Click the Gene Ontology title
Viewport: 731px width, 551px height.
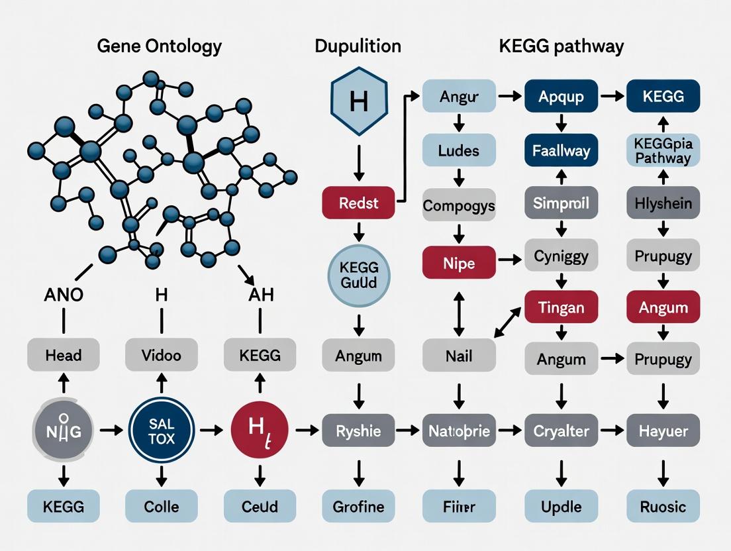159,46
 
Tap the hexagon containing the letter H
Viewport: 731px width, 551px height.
358,101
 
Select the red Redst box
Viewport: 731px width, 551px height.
358,203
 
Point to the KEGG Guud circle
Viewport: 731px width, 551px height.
358,275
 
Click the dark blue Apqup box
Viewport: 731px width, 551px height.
561,97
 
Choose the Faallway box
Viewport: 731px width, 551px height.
561,150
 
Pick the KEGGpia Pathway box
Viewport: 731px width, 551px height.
663,150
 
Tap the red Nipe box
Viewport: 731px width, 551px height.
459,263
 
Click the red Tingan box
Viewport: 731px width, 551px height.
561,307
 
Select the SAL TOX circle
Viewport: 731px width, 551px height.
162,431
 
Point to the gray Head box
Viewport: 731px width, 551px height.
64,355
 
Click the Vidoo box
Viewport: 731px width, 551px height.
162,355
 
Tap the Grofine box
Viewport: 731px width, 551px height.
358,507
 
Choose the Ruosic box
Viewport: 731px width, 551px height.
663,507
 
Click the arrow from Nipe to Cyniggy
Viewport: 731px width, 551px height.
509,260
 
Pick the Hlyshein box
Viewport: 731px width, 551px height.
663,203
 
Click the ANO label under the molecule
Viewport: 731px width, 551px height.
64,295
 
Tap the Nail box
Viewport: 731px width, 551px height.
459,356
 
